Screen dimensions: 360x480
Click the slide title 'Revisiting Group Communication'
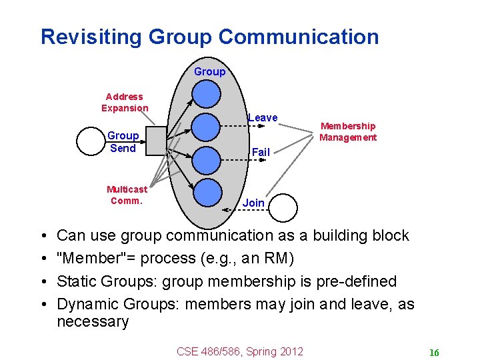coord(209,37)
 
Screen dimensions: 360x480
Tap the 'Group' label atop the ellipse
coord(209,71)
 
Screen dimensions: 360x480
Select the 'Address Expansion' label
coord(125,102)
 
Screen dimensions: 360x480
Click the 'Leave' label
coord(263,118)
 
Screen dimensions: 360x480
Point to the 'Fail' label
coord(261,152)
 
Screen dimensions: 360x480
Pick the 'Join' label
coord(253,203)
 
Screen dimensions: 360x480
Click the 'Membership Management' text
coord(348,131)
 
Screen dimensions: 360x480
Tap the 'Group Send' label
coord(123,142)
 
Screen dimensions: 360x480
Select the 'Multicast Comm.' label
coord(127,195)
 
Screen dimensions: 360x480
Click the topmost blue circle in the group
coord(207,93)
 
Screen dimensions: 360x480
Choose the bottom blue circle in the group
coord(207,191)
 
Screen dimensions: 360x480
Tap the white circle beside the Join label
coord(283,207)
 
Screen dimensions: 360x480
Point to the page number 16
coord(434,353)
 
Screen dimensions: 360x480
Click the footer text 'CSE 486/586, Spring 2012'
coord(239,351)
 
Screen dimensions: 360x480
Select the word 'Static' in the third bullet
coord(77,281)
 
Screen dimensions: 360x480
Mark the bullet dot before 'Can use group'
coord(43,236)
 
